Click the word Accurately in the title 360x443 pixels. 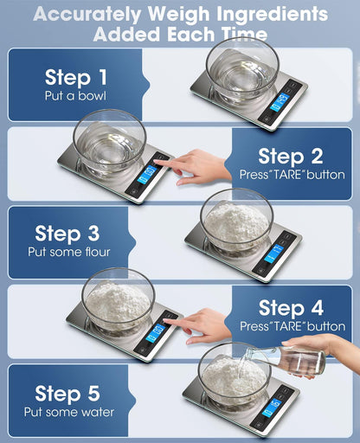coord(94,15)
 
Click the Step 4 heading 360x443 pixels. coord(291,308)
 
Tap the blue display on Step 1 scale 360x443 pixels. coord(280,103)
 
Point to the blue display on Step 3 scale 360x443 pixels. coord(273,254)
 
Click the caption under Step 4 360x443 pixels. coord(291,326)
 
